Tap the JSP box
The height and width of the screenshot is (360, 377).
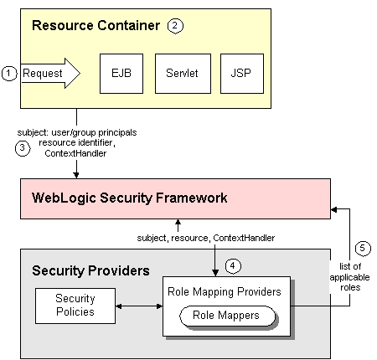239,74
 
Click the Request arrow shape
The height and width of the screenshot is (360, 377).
49,74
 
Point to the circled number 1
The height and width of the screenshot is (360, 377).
9,74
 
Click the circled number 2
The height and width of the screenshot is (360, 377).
175,25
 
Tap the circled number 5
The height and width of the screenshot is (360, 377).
360,248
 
